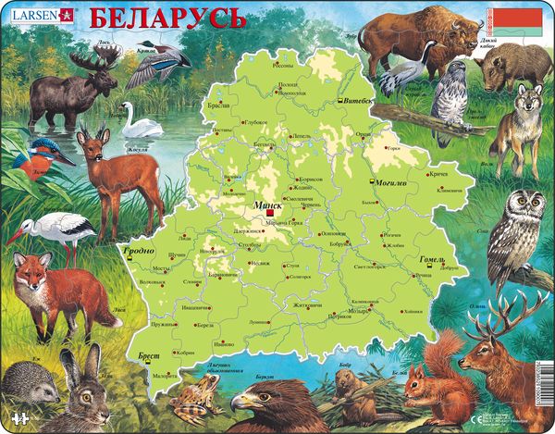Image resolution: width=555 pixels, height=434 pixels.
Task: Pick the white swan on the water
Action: [x=142, y=121]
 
